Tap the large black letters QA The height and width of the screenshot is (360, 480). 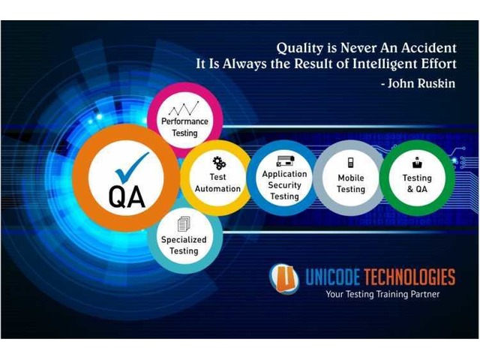coord(127,196)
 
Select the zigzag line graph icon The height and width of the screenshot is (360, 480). coord(184,108)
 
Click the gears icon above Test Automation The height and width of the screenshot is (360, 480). coord(219,163)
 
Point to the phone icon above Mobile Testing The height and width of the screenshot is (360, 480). coord(351,162)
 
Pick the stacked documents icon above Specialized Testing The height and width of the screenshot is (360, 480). coord(184,223)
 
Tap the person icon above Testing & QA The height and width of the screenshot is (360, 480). coord(417,163)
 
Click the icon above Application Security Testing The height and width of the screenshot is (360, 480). coord(285,160)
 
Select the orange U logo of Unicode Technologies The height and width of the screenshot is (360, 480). coord(284,278)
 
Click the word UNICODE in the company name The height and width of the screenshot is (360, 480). coord(332,277)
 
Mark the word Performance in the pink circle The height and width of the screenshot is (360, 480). coord(184,121)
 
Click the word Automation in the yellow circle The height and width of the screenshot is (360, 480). coord(217,188)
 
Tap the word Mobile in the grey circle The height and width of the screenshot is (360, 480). coord(351,178)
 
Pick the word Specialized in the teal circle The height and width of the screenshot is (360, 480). coord(184,240)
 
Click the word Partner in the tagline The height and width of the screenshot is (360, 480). coord(425,294)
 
